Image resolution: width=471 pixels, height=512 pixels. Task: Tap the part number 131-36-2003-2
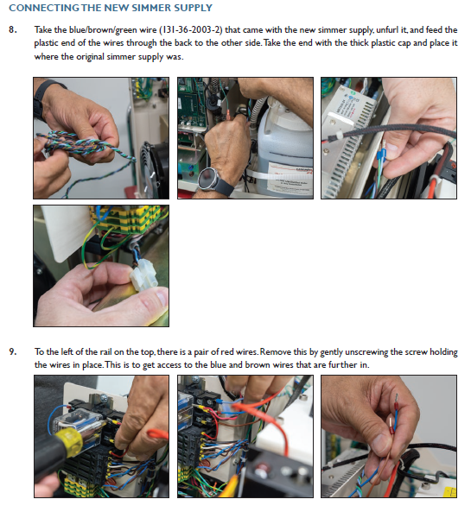190,30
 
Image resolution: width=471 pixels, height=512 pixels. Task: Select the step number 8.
13,29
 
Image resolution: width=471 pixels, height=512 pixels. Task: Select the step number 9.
13,351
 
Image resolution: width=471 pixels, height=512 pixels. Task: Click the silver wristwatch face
207,178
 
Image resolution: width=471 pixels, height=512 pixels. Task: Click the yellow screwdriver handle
69,443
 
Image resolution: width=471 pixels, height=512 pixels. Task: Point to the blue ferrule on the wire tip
379,155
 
